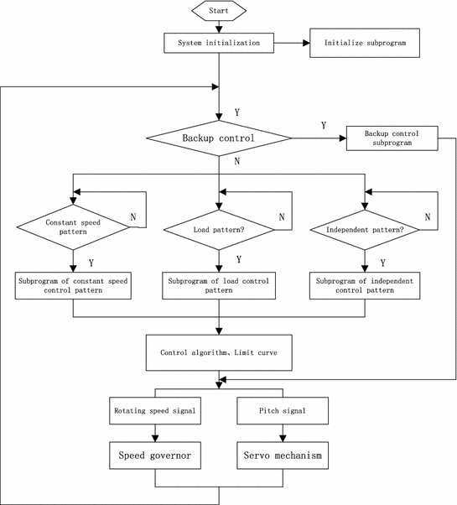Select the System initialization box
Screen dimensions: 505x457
coord(219,42)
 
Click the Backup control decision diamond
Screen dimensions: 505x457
coord(219,137)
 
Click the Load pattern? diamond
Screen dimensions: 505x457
coord(219,227)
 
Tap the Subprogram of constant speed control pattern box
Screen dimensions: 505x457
coord(73,286)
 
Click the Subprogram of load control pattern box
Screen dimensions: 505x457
coord(219,286)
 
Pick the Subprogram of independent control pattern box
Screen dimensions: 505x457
coord(364,286)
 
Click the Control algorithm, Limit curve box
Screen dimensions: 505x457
coord(219,352)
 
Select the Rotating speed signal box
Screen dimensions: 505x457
coord(155,411)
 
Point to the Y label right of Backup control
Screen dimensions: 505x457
coord(325,126)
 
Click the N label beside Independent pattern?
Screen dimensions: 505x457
coord(428,216)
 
